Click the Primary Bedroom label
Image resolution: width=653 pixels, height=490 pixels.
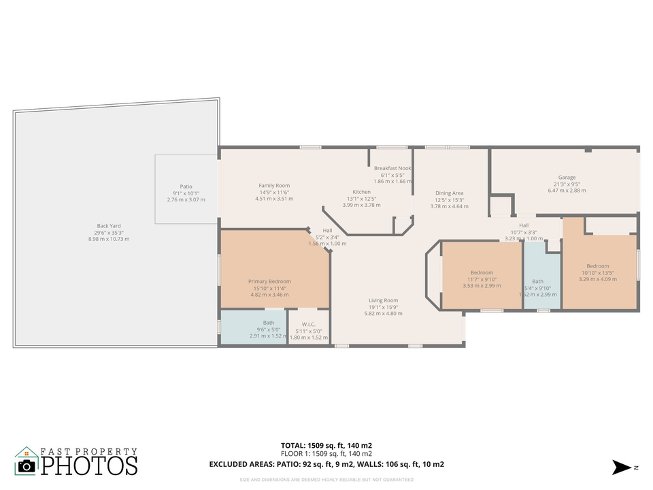(x=269, y=281)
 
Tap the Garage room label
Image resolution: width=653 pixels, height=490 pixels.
(x=567, y=178)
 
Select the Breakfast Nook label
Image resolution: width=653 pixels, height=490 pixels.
(x=392, y=168)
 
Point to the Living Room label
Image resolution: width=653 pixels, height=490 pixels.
(x=383, y=300)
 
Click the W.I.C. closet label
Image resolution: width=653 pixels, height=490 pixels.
(x=308, y=323)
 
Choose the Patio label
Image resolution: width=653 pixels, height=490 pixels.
(x=186, y=186)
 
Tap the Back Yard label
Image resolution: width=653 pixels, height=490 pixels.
(x=109, y=226)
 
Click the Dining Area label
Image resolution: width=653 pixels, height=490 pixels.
(x=449, y=193)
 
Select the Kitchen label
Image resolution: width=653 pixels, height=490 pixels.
(x=361, y=192)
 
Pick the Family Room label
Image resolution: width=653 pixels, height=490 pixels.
(x=274, y=186)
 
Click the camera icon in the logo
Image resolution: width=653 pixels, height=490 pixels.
(x=27, y=465)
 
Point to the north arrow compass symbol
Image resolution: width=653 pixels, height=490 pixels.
(x=622, y=467)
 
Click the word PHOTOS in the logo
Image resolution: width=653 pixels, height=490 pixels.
(x=89, y=465)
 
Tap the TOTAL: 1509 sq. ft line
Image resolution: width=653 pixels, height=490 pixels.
(x=326, y=446)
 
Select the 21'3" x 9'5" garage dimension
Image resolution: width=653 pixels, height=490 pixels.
(x=567, y=184)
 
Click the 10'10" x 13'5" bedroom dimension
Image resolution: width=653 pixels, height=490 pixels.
(x=598, y=272)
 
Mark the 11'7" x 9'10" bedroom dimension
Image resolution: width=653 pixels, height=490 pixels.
(x=482, y=279)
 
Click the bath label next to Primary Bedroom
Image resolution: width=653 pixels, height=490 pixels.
(x=269, y=323)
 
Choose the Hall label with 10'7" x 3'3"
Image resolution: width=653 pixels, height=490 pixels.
(x=524, y=225)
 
